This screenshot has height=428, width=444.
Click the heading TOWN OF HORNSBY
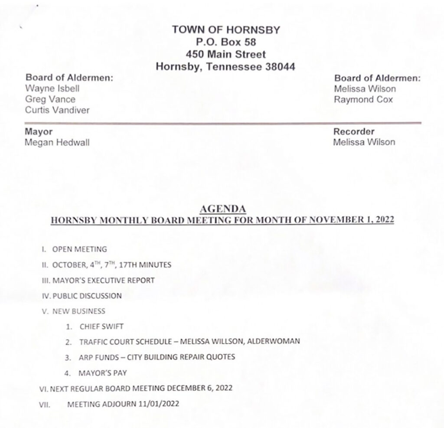pos(225,30)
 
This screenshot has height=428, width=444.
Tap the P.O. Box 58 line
pos(225,42)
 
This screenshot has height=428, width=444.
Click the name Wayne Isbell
pos(52,88)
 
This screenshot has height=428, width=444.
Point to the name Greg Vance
pos(50,99)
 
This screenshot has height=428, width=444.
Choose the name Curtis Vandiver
pos(57,110)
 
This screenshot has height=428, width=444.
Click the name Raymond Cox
pos(363,99)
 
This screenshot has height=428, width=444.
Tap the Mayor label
pos(39,131)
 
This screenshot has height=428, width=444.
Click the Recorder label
pos(354,131)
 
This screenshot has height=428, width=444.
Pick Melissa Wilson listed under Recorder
pos(364,142)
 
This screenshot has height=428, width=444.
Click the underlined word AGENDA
pos(222,209)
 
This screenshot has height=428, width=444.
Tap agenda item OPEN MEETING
pos(79,249)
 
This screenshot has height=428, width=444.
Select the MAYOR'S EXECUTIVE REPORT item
pos(103,280)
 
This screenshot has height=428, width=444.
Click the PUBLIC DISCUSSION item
pos(87,296)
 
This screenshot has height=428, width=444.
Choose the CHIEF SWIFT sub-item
pos(98,327)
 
